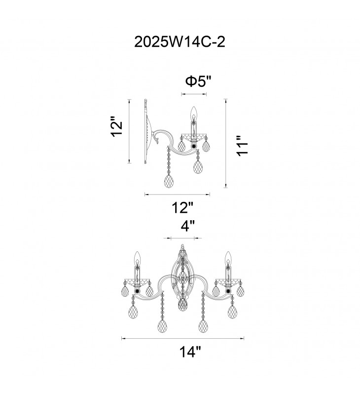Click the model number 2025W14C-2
point(180,42)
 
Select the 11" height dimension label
point(243,146)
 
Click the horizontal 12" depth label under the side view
point(182,207)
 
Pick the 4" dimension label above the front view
point(188,226)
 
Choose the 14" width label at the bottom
point(190,352)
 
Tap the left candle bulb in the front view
point(137,258)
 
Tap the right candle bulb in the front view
point(228,258)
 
